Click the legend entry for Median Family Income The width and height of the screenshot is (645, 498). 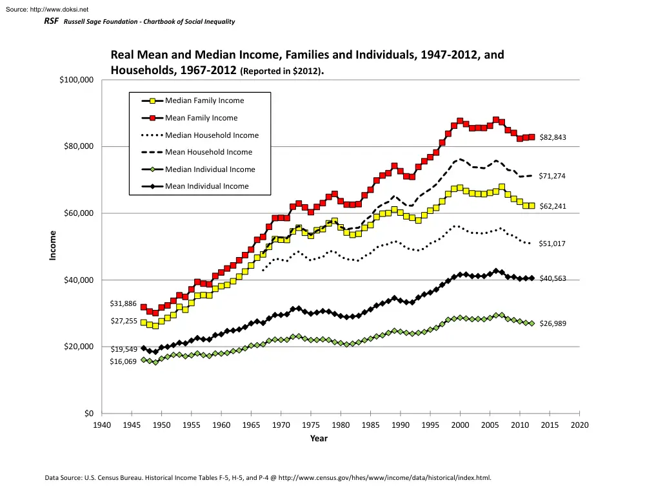coord(204,101)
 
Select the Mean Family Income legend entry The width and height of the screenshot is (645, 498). coord(201,118)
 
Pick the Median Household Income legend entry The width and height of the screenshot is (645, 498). coord(211,135)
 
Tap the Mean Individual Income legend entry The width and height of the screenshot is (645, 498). coord(206,186)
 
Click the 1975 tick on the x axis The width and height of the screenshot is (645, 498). coord(311,425)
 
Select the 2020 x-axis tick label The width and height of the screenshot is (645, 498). coord(580,425)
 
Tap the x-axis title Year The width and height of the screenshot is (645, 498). coord(319,439)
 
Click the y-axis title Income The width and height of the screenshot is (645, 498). coord(54,245)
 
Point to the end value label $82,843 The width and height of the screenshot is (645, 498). coord(552,137)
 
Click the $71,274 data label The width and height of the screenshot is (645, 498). coord(552,175)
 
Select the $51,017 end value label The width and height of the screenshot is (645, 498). coord(552,244)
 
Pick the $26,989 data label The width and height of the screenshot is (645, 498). coord(552,323)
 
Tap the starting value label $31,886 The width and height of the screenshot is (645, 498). coord(123,303)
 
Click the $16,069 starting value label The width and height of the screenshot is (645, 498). coord(123,362)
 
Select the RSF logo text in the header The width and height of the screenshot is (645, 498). coord(50,22)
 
